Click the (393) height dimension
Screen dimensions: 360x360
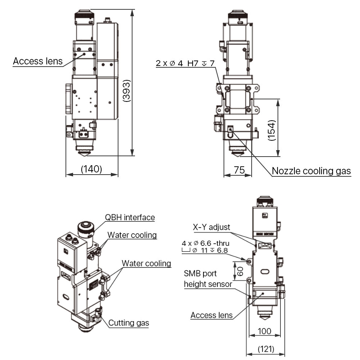point(126,90)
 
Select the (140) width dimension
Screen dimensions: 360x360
point(92,168)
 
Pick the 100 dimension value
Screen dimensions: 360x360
point(265,331)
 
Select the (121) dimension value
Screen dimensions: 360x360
point(266,349)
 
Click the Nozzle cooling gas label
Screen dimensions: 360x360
point(311,171)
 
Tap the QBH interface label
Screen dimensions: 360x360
point(130,217)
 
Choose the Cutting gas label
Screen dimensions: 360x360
point(129,323)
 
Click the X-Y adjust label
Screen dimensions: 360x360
point(211,227)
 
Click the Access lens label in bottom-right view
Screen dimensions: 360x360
point(211,315)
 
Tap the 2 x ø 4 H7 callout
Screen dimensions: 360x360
point(185,63)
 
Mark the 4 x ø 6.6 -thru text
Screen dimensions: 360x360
point(206,243)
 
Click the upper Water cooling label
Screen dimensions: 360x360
point(132,235)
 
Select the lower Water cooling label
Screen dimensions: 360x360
point(146,263)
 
